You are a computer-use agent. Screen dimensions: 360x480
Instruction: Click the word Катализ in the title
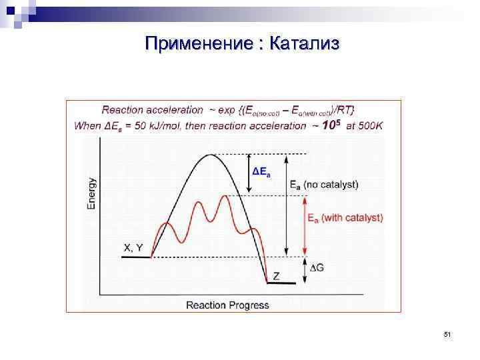(306, 44)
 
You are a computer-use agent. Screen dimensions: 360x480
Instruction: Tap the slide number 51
(447, 333)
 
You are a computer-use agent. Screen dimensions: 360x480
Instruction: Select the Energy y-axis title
(92, 193)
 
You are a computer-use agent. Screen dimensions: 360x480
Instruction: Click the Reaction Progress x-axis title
(227, 305)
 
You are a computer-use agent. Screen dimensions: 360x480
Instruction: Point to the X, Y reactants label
(133, 247)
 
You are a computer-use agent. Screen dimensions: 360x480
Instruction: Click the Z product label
(277, 275)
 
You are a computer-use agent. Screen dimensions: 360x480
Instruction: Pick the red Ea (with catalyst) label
(345, 217)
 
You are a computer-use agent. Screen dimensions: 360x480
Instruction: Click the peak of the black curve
(211, 155)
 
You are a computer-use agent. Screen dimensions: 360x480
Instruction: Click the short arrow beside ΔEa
(248, 175)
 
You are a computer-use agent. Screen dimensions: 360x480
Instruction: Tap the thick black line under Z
(281, 283)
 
